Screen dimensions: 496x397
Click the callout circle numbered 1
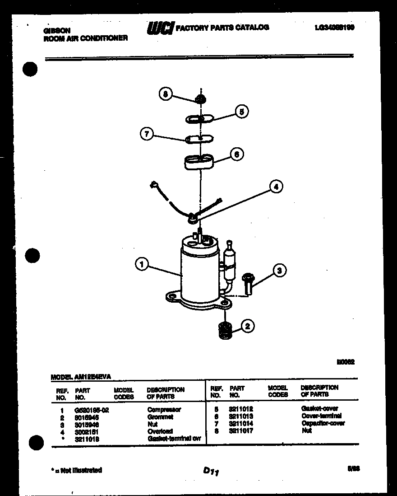pyautogui.click(x=142, y=264)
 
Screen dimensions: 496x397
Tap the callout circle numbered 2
pyautogui.click(x=247, y=326)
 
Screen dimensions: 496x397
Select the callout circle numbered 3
pyautogui.click(x=280, y=271)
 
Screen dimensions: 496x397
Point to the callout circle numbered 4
pyautogui.click(x=276, y=186)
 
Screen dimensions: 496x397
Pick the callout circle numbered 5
pyautogui.click(x=242, y=112)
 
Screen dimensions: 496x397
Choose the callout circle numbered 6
pyautogui.click(x=237, y=154)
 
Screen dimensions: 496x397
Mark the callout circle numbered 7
pyautogui.click(x=147, y=134)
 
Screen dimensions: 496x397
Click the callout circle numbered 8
pyautogui.click(x=166, y=94)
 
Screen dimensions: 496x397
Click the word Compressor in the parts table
pyautogui.click(x=164, y=410)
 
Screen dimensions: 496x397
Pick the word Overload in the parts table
pyautogui.click(x=160, y=431)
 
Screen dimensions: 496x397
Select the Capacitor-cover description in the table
pyautogui.click(x=323, y=423)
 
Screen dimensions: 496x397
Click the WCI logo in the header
pyautogui.click(x=160, y=28)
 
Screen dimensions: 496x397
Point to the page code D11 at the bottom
pyautogui.click(x=211, y=472)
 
